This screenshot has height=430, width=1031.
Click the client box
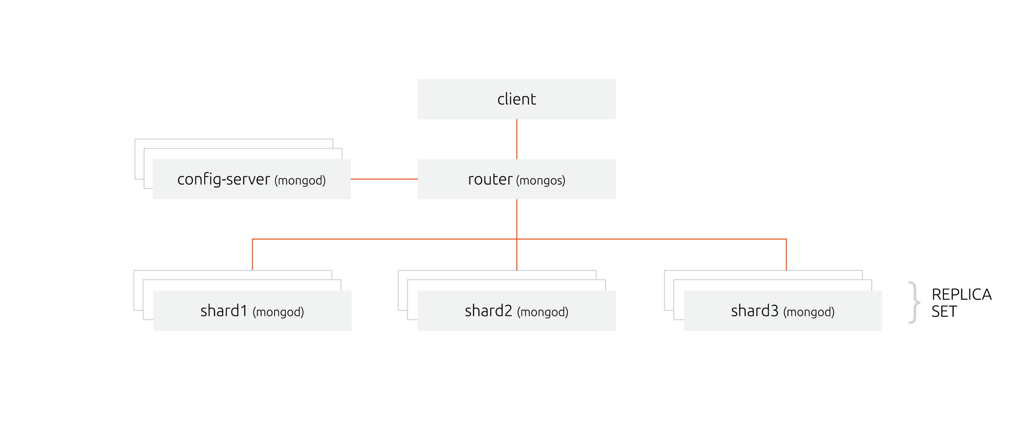click(x=516, y=99)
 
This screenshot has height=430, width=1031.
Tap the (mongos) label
click(x=541, y=181)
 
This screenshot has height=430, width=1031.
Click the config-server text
click(x=223, y=179)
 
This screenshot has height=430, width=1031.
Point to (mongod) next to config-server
click(x=300, y=181)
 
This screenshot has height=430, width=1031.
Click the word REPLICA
click(x=961, y=295)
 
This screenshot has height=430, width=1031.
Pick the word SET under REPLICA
click(x=944, y=311)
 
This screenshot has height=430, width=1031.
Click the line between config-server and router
click(x=384, y=179)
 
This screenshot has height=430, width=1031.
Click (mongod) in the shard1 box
click(x=278, y=312)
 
